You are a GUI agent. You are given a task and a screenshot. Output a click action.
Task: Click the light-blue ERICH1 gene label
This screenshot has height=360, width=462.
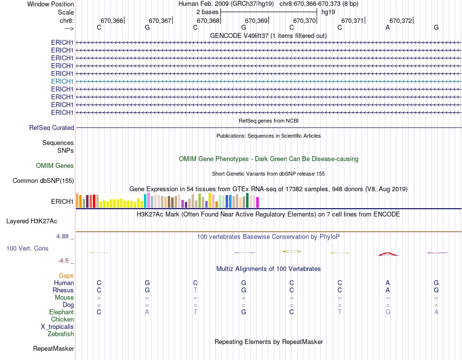pos(62,81)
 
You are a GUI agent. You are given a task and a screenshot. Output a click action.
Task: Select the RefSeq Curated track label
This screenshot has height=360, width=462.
pos(52,127)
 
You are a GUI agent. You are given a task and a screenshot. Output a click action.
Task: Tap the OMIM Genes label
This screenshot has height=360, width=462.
pos(55,165)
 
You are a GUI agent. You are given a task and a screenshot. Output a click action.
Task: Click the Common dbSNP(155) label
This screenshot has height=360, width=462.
pos(43,181)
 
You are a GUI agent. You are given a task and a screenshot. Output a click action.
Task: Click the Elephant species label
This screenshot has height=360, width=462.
pos(61,312)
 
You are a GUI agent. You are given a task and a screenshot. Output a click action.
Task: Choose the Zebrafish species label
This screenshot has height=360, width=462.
pos(61,334)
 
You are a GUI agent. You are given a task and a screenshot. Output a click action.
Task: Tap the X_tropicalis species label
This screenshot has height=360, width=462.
pos(57,326)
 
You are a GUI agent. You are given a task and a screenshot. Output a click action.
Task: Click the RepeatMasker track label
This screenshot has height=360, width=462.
pos(53,348)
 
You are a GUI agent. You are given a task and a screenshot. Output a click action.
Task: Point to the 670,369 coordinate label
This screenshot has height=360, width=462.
pos(256,20)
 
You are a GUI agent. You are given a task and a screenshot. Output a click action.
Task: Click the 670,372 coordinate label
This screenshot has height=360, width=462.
pos(401,20)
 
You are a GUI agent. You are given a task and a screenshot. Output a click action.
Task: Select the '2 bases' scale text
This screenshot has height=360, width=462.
pos(207,12)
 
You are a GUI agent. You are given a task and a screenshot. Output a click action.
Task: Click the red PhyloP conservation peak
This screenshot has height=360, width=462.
pos(388,253)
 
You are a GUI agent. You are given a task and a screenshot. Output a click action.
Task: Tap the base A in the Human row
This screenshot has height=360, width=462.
pos(388,283)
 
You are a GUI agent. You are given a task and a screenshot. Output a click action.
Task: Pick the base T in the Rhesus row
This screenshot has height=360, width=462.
pos(195,290)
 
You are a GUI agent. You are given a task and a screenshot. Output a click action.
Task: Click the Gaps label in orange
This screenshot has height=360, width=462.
pos(66,275)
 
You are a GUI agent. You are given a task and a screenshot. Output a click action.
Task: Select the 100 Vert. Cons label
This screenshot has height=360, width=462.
pos(27,248)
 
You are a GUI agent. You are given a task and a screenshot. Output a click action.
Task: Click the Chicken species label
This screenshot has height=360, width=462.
pos(62,319)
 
